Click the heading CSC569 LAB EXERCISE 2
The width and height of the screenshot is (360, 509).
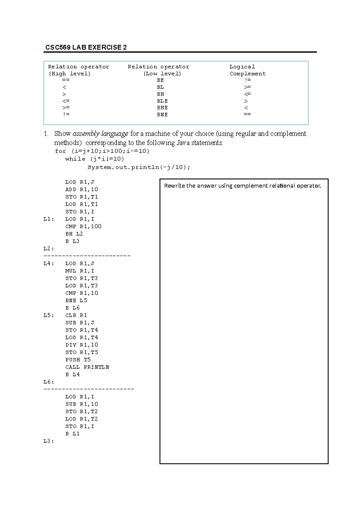click(86, 47)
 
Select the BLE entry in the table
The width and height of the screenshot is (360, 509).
click(162, 101)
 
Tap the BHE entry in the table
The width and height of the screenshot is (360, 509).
click(162, 108)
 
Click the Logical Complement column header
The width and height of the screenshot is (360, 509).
click(247, 70)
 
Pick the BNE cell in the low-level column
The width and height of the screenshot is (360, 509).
click(162, 115)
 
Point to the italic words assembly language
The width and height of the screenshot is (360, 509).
click(100, 134)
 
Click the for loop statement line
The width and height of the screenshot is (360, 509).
click(102, 151)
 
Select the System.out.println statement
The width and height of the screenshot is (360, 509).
click(139, 167)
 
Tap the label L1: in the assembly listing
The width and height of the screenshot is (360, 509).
click(49, 219)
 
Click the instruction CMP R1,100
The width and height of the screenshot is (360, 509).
click(83, 226)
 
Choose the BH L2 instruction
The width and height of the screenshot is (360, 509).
click(74, 234)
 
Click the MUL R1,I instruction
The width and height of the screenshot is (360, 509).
click(80, 271)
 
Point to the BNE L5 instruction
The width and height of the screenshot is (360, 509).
click(76, 300)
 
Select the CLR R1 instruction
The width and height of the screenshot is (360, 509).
click(76, 315)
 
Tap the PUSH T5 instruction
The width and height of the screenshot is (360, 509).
click(78, 360)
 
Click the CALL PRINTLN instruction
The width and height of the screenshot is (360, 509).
click(87, 367)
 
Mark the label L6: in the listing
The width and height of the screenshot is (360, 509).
click(49, 382)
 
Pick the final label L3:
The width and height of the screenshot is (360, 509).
click(49, 441)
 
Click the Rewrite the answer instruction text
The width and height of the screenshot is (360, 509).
click(242, 186)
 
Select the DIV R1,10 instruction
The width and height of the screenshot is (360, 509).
click(82, 345)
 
